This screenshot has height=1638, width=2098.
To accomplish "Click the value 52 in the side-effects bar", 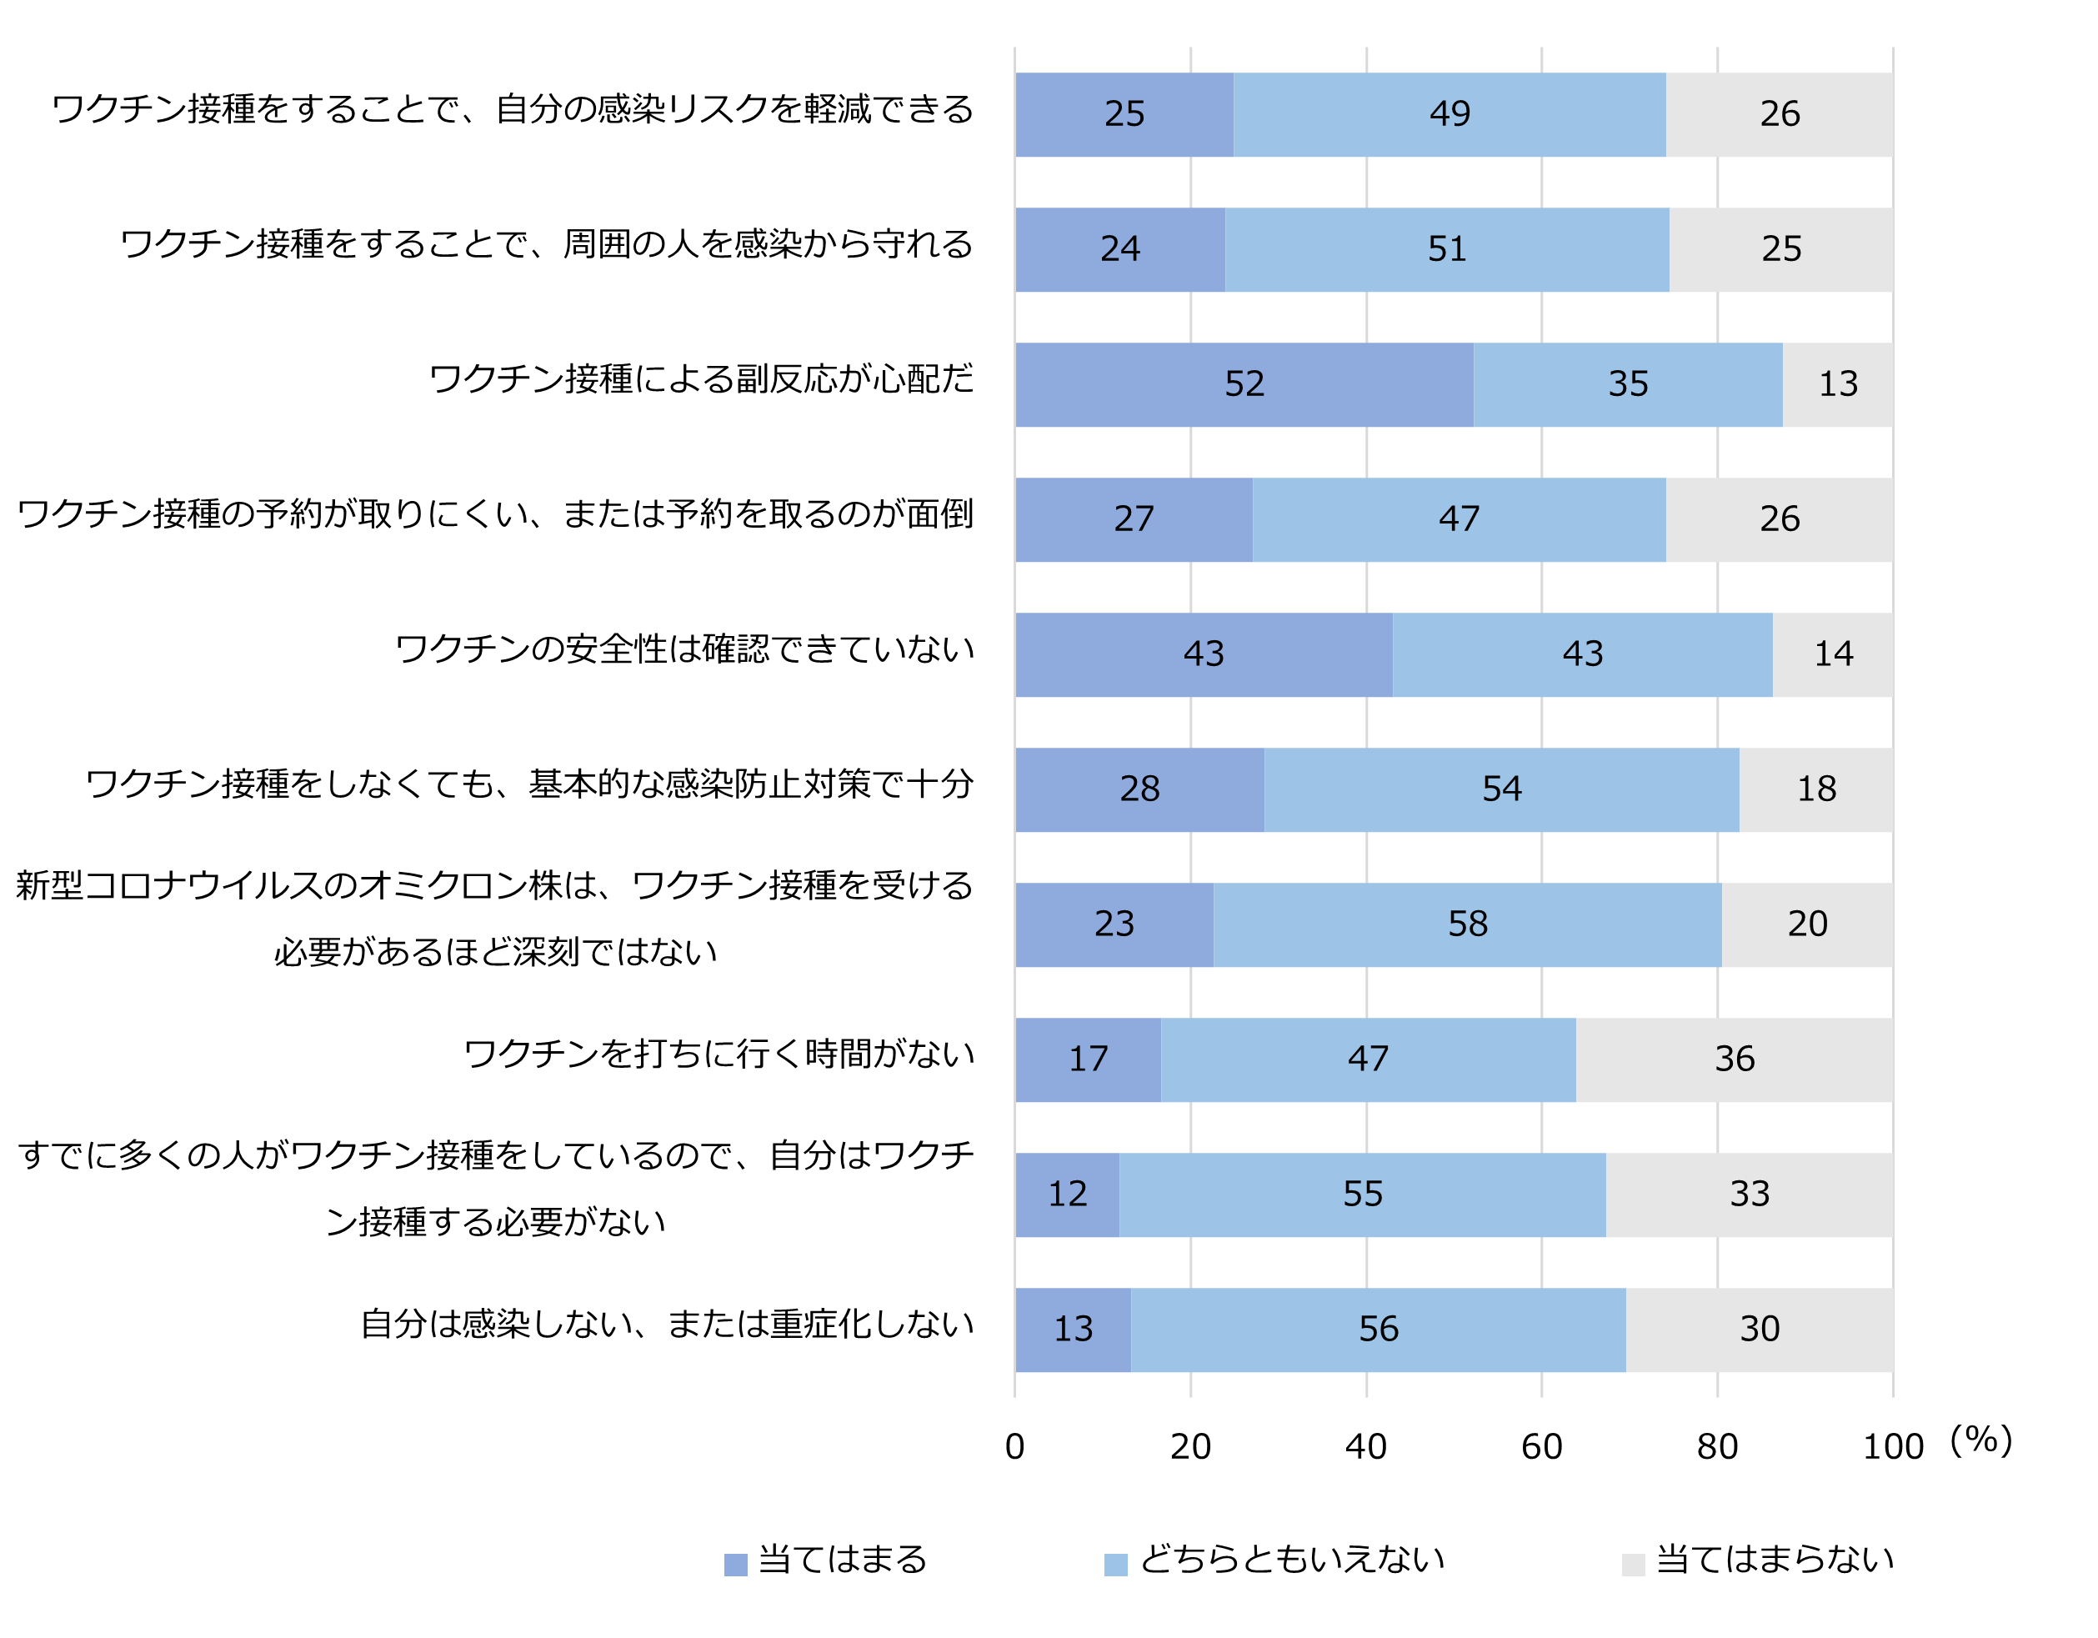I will coord(1244,384).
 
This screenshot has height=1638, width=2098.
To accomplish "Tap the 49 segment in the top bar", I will coord(1450,114).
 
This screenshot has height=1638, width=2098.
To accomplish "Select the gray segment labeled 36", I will coord(1734,1059).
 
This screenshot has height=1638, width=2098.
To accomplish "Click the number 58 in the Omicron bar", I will coord(1468,924).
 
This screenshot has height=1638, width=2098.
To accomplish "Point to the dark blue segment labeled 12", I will coord(1067,1195).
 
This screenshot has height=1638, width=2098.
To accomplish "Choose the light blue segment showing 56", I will coord(1379,1330).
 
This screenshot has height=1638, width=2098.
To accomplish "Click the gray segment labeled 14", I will coord(1833,654).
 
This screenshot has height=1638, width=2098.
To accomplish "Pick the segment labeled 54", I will coord(1501,789).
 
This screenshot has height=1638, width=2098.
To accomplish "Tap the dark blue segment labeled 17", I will coord(1089,1059).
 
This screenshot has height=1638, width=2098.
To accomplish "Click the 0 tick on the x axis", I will coord(1015,1447).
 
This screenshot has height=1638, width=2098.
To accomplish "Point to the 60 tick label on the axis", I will coord(1542,1447).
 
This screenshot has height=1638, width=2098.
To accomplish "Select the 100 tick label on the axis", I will coord(1892,1447).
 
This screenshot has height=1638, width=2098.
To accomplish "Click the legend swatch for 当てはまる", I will coord(736,1565).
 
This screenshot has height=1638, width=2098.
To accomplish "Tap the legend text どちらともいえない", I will coord(1292,1559).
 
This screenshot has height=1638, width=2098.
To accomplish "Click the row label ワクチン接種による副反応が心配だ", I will coord(701,379).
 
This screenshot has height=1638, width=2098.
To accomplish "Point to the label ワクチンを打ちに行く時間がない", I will coord(719,1054).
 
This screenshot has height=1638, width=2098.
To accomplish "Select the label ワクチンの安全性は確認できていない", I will coord(685,649).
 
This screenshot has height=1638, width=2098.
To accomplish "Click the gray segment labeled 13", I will coord(1838,384).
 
